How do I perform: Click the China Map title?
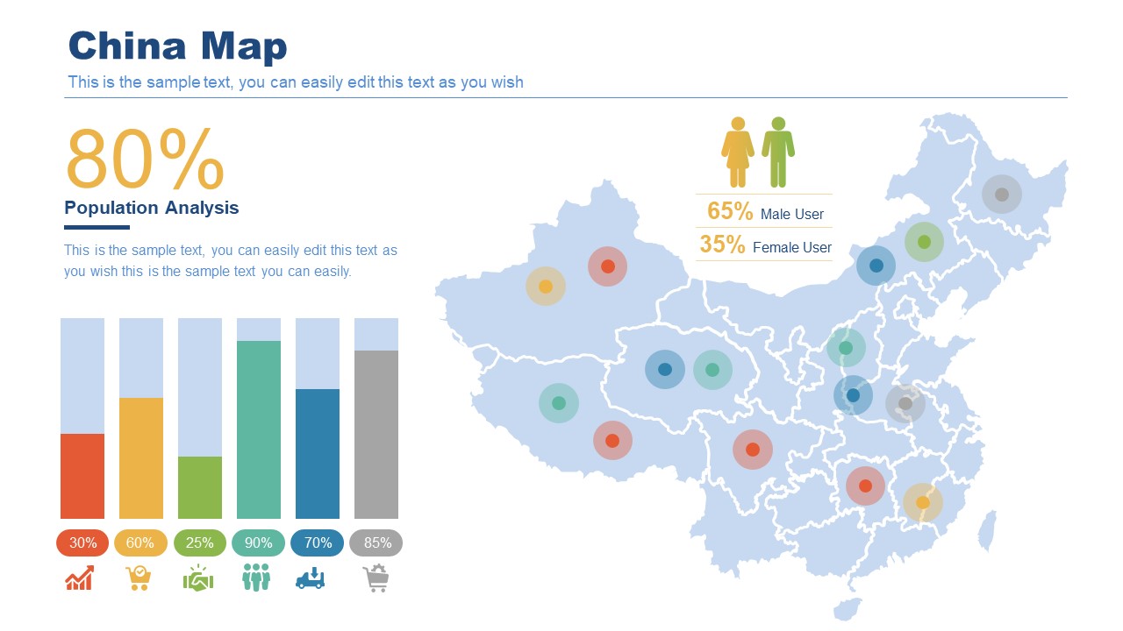coord(177,46)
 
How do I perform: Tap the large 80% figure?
coord(145,159)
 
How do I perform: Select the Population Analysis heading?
coord(151,208)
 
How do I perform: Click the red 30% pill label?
coord(82,542)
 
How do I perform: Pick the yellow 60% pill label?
coord(140,542)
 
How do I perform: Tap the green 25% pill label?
coord(200,542)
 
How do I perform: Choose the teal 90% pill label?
coord(259,542)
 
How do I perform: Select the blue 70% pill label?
coord(318,542)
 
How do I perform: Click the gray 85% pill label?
coord(376,542)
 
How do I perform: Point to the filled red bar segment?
coord(82,476)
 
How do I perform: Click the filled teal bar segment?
coord(259,429)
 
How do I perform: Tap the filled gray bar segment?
coord(376,435)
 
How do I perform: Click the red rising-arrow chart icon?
coord(80,578)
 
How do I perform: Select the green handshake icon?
coord(198,578)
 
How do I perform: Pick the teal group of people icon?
coord(256,578)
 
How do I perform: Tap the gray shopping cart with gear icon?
coord(376,578)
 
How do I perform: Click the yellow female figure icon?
coord(738,152)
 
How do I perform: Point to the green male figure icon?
coord(778,152)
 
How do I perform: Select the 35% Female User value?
coord(722,245)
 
